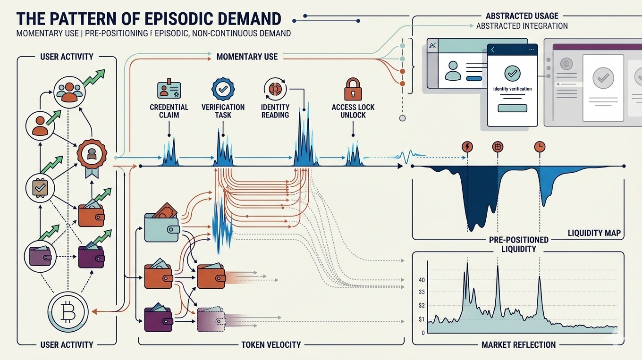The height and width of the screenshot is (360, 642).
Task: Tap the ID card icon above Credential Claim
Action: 169,90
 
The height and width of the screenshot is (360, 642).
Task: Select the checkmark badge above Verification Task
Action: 223,88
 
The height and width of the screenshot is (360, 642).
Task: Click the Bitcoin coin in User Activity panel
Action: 68,313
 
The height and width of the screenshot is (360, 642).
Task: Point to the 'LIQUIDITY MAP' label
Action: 594,233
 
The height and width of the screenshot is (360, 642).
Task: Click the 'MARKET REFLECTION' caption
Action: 518,345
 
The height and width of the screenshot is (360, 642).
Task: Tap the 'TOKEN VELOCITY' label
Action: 271,344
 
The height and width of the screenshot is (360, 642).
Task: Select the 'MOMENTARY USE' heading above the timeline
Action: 247,57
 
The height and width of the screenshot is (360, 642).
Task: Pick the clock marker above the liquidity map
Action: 539,146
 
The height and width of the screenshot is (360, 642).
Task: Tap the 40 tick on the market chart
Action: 422,280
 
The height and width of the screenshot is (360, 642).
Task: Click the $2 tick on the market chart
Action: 421,305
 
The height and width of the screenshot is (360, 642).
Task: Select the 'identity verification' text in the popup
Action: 512,89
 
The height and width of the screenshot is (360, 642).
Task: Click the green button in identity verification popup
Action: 512,108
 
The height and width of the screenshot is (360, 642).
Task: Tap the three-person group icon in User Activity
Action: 69,92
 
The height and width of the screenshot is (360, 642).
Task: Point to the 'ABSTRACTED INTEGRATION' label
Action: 522,26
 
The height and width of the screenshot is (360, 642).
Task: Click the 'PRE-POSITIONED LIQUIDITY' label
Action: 519,244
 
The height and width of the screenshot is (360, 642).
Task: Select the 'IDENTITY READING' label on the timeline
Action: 275,111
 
